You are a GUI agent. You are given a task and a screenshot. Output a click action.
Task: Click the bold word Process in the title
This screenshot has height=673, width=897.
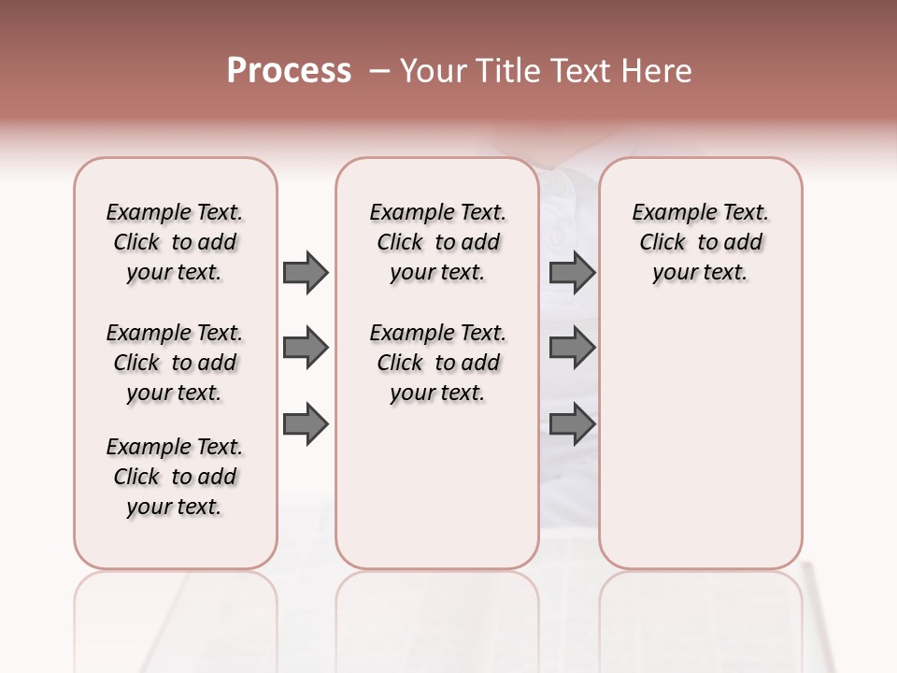[x=289, y=71]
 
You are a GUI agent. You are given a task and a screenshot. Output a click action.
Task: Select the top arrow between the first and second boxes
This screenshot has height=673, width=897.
[x=306, y=272]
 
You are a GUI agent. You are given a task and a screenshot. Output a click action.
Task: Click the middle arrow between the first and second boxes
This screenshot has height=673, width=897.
[x=306, y=349]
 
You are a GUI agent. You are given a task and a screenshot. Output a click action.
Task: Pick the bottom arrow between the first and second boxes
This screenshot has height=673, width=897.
[x=306, y=424]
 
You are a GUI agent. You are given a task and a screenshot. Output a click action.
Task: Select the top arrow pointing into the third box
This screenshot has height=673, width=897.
[x=572, y=272]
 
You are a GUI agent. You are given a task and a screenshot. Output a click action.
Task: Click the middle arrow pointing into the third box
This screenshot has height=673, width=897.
[x=572, y=349]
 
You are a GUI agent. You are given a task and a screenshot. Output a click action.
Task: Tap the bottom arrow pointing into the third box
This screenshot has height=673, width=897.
[x=572, y=424]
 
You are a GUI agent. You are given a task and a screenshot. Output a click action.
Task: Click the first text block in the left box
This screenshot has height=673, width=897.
[x=175, y=242]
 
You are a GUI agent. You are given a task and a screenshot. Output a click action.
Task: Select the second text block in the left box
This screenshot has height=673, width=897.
[x=175, y=363]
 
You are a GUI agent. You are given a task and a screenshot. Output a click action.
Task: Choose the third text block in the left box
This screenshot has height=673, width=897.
[x=175, y=477]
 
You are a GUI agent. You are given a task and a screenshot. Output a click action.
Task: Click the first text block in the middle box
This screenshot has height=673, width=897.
[x=437, y=242]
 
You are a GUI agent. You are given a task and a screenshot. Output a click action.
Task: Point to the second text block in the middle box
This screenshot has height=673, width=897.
[x=437, y=363]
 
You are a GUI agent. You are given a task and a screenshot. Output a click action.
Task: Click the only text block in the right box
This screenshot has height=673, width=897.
[x=700, y=242]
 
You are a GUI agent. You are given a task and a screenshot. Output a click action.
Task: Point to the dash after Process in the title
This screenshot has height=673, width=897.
[x=379, y=71]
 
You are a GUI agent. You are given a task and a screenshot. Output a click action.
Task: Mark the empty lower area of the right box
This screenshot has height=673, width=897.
[x=700, y=439]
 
